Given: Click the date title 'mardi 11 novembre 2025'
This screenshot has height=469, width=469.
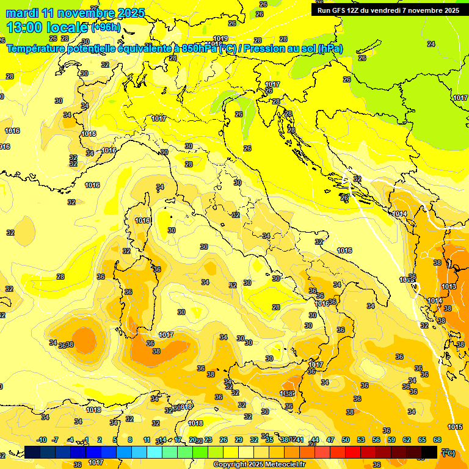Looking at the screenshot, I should tap(76, 13).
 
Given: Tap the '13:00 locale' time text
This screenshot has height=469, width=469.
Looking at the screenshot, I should tap(47, 27).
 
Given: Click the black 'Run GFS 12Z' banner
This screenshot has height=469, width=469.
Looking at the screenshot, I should tap(388, 10).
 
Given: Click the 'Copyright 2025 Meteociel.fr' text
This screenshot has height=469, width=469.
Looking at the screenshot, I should tap(260, 464).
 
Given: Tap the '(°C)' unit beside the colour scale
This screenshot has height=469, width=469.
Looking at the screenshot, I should tap(448, 453).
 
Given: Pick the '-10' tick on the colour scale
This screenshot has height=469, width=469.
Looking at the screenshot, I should tap(42, 440).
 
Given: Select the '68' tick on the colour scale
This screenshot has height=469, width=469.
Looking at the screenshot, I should tap(437, 440).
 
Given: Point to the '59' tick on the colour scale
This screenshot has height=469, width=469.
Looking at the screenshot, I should tap(391, 440).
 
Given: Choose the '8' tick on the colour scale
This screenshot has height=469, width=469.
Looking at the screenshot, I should tap(130, 440).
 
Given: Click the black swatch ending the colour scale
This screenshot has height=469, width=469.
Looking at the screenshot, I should tap(429, 452).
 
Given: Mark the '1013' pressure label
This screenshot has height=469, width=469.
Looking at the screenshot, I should tap(449, 286).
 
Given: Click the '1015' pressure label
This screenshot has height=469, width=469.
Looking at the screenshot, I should tap(455, 427).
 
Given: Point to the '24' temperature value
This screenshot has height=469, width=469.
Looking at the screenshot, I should tap(431, 44).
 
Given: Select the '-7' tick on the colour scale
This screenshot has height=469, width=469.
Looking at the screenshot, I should tap(55, 440).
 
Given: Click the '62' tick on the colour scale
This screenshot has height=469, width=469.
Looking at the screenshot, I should tap(407, 440).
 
